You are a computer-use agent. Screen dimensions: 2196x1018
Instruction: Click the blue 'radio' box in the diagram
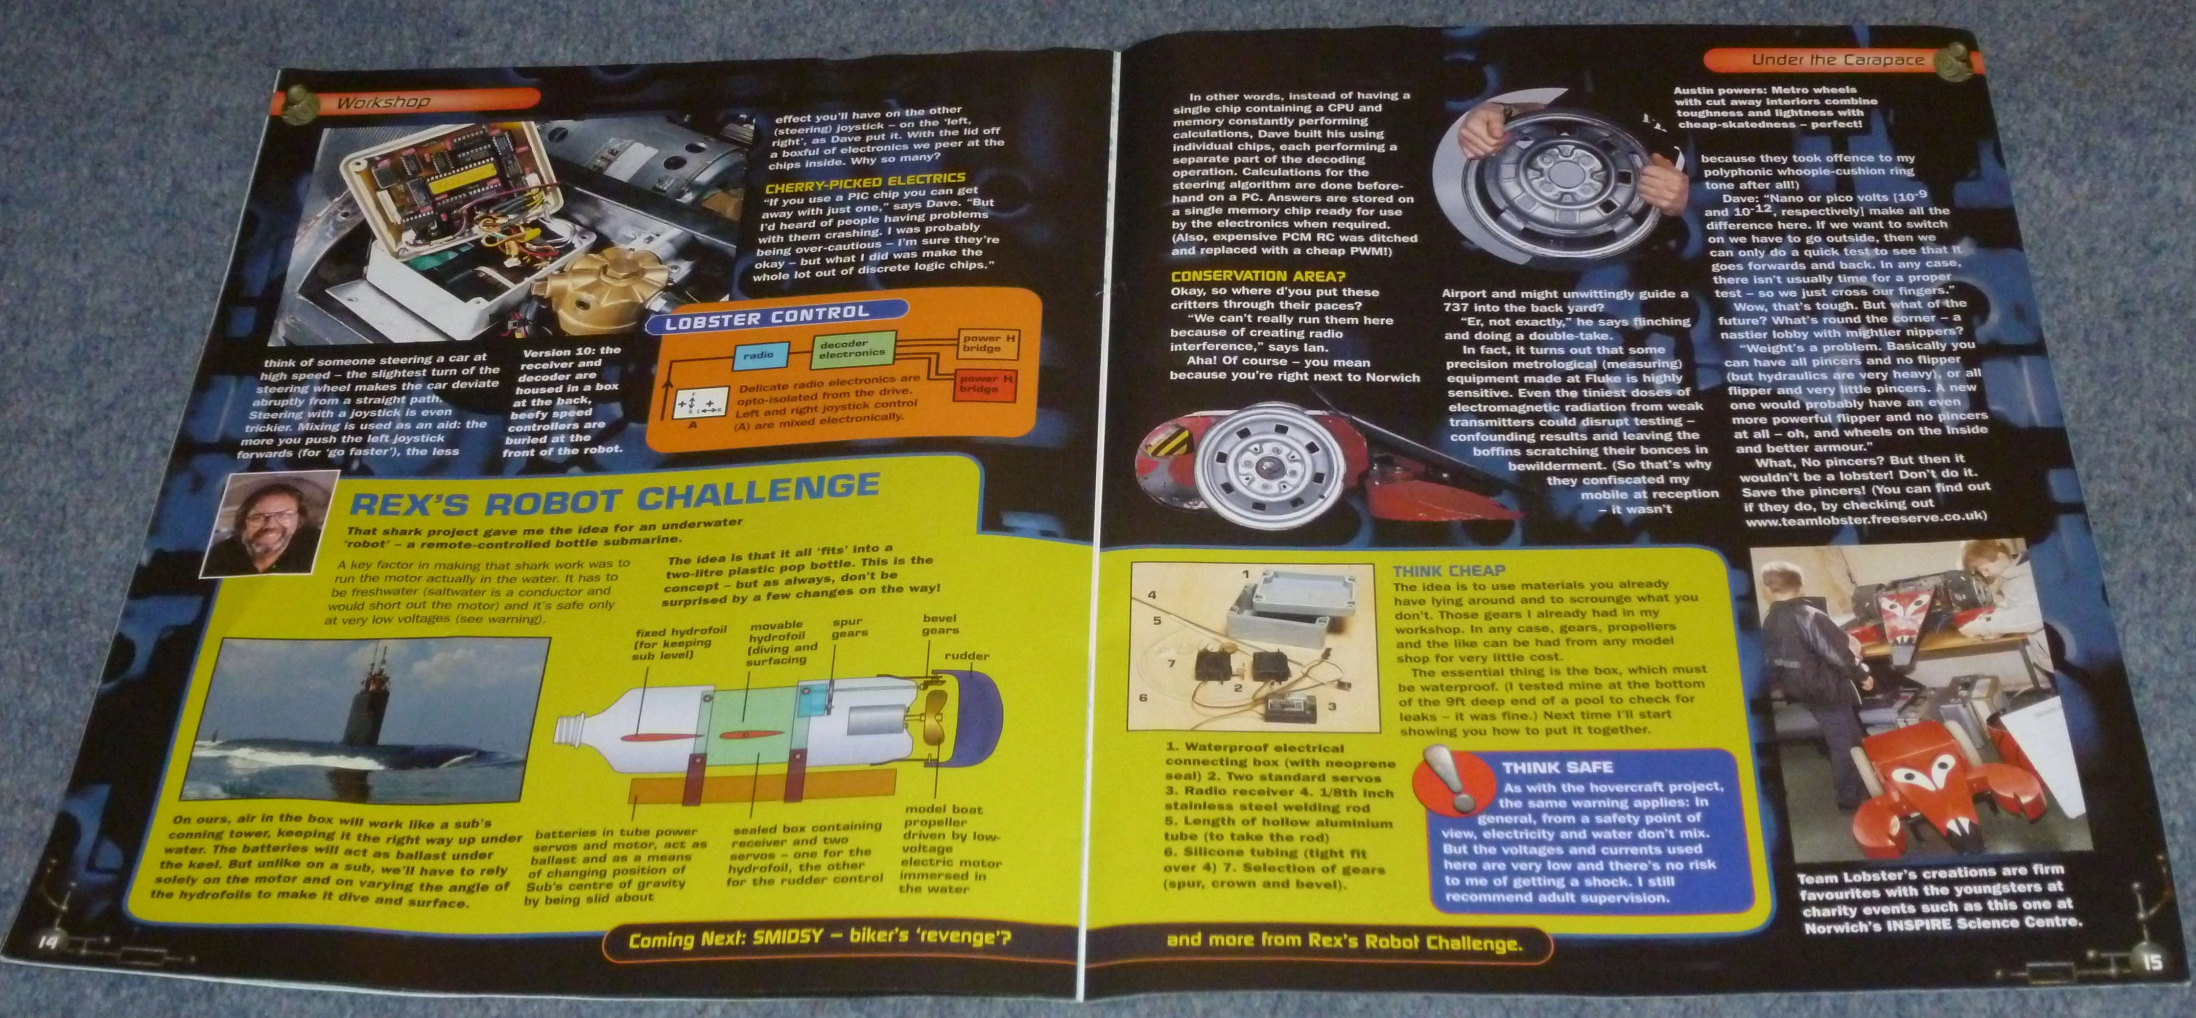pyautogui.click(x=759, y=355)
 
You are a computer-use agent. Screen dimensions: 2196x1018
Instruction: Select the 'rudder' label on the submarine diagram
pyautogui.click(x=966, y=656)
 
